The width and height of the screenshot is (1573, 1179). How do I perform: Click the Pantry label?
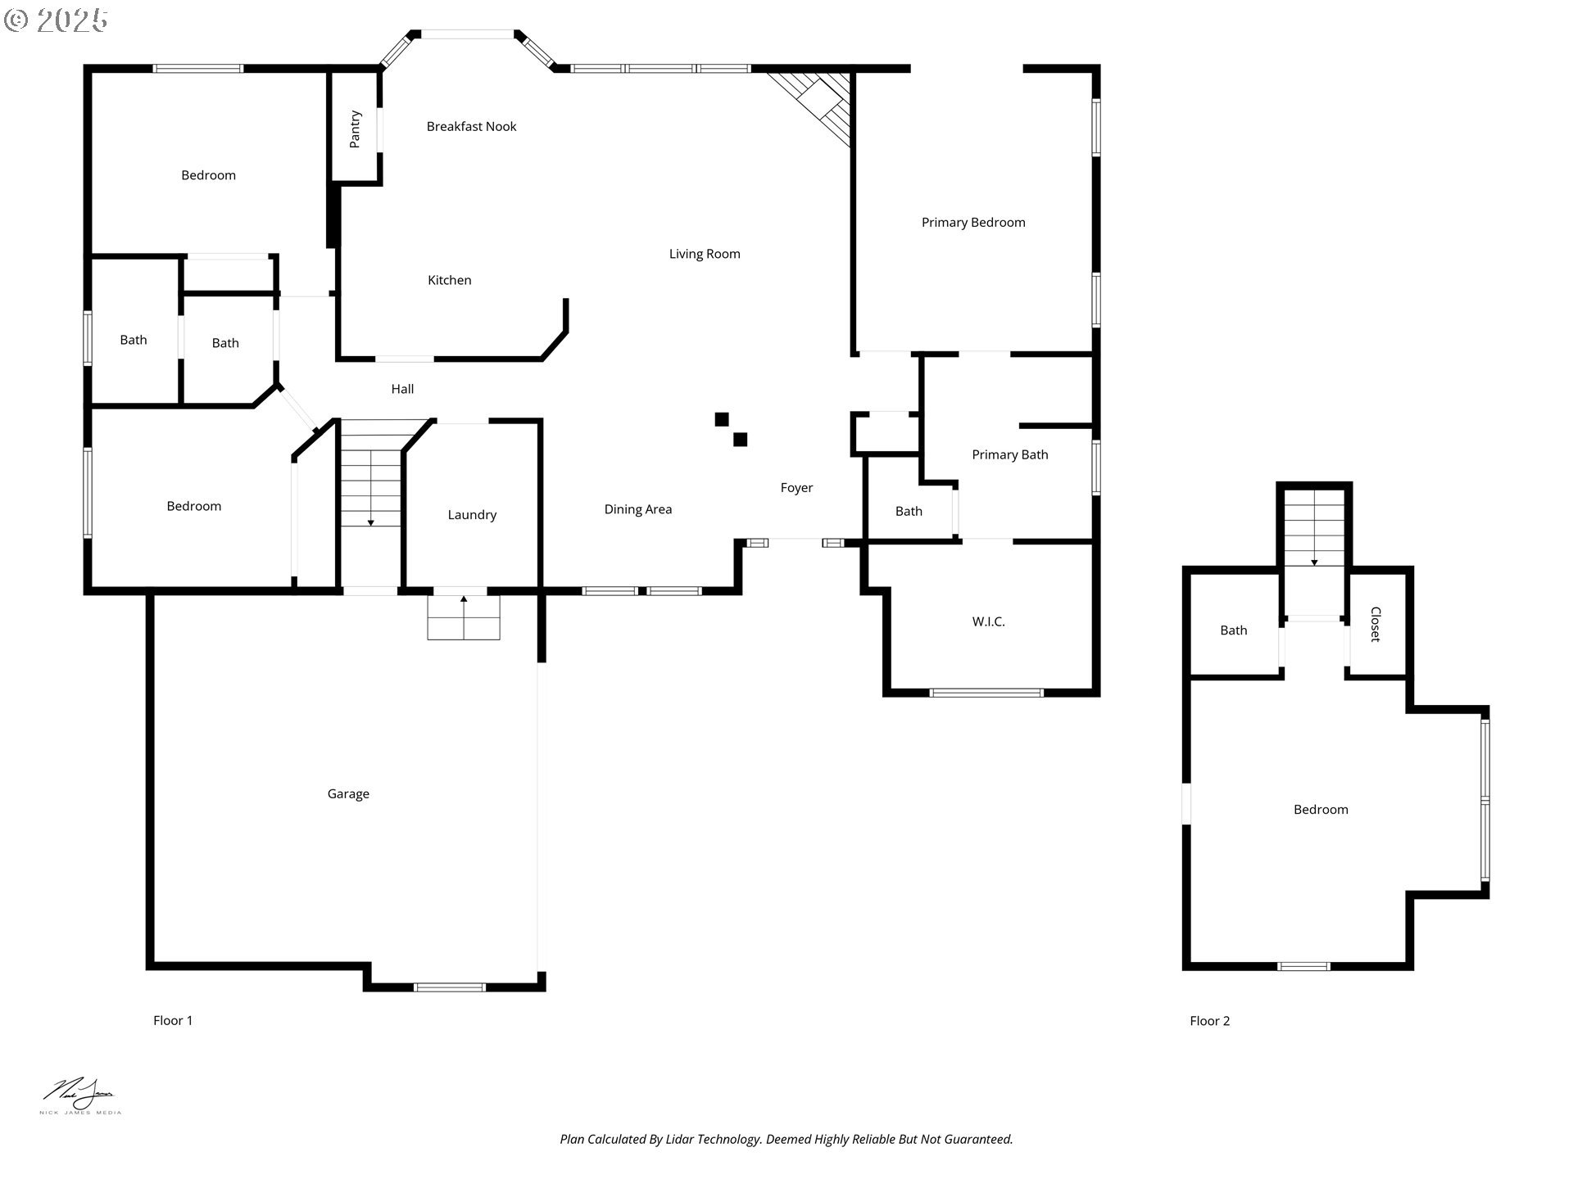tap(355, 129)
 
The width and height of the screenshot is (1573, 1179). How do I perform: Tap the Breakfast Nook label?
tap(471, 126)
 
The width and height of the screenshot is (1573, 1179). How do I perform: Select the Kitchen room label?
tap(450, 280)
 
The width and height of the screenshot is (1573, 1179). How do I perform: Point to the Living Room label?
tap(705, 254)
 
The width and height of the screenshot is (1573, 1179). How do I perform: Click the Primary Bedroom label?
tap(973, 223)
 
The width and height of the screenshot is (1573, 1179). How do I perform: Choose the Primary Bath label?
tap(1010, 454)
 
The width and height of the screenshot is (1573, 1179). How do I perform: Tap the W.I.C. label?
tap(989, 621)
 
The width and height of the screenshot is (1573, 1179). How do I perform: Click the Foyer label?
tap(796, 488)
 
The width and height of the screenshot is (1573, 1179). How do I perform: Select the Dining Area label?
tap(638, 509)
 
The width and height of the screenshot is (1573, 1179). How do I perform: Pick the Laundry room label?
tap(472, 515)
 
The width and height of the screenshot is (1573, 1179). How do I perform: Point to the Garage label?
tap(348, 794)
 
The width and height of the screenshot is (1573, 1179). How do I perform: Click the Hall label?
tap(402, 389)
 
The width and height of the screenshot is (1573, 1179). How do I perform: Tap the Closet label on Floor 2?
tap(1376, 624)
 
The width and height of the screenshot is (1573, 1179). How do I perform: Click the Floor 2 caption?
tap(1210, 1021)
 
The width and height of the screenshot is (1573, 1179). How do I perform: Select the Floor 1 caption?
tap(173, 1020)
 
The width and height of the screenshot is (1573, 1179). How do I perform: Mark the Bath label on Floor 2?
tap(1234, 630)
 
